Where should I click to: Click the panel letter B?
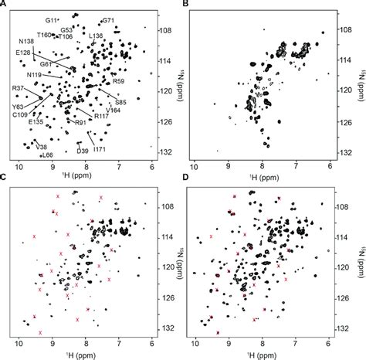click(185, 5)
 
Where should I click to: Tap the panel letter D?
click(185, 186)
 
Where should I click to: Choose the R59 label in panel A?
click(118, 80)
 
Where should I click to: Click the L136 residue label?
click(97, 36)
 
